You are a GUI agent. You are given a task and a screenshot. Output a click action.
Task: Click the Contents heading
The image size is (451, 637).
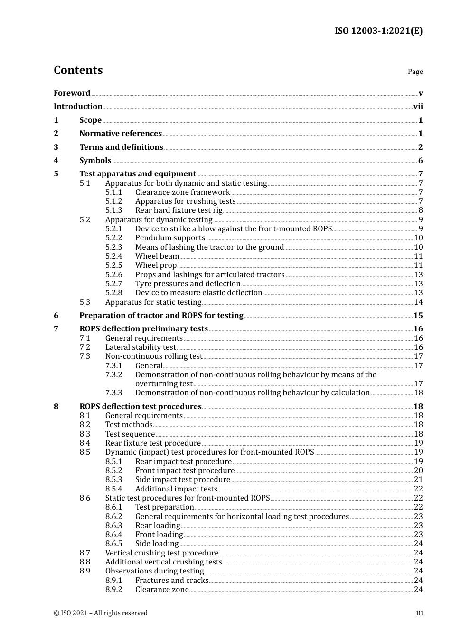(x=78, y=70)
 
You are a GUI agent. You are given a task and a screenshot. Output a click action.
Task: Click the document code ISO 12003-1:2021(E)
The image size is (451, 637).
(x=378, y=31)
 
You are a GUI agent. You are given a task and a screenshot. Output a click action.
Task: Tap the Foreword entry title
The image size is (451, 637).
(x=72, y=93)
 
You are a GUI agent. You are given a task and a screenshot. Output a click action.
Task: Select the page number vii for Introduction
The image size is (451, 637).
(x=418, y=107)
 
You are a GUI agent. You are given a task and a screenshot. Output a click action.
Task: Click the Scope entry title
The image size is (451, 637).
(x=90, y=120)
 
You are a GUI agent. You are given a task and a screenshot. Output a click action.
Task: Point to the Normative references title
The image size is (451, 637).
(x=121, y=134)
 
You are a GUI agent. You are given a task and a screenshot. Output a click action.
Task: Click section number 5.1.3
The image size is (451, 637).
(x=113, y=210)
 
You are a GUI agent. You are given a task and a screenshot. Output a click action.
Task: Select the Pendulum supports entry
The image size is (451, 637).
(x=170, y=238)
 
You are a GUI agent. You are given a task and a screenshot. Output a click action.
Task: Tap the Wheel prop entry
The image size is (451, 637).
(x=156, y=265)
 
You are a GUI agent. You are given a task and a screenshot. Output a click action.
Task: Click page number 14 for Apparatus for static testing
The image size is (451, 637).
(x=418, y=302)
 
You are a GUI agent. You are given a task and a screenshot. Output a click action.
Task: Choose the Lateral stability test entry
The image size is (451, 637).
(x=140, y=347)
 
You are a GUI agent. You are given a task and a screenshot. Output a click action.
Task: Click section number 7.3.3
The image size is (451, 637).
(x=113, y=393)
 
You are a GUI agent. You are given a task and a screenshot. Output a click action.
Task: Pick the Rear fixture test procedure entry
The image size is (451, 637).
(x=153, y=443)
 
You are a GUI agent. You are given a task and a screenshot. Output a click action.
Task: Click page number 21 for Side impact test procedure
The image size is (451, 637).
(x=418, y=480)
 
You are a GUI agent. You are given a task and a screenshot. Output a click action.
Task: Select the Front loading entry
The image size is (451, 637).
(x=159, y=535)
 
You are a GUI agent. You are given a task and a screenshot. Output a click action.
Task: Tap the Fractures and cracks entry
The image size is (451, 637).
(x=171, y=581)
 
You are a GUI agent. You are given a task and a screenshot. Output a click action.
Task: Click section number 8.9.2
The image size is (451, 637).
(x=113, y=590)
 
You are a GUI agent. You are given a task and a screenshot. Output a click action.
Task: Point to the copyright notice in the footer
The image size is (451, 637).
(x=101, y=613)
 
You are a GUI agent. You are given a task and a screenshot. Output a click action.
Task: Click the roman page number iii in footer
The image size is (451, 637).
(x=419, y=613)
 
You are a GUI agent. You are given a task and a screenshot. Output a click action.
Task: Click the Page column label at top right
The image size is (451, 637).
(x=415, y=72)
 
